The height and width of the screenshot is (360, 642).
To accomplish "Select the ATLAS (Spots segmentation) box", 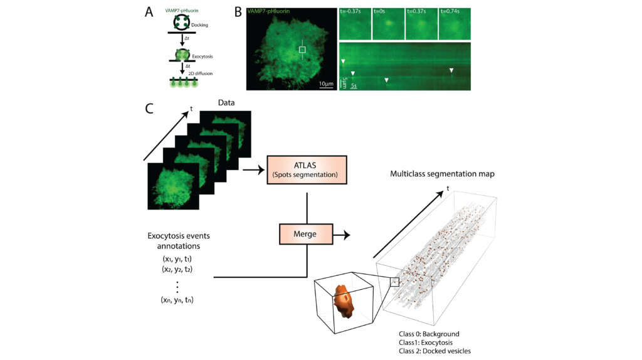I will [307, 171].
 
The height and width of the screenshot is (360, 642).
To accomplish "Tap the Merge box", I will [307, 233].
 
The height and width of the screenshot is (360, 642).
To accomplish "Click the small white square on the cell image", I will [302, 50].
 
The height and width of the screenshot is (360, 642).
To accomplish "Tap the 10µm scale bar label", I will [325, 83].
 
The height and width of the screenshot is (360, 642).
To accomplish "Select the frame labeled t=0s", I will [387, 23].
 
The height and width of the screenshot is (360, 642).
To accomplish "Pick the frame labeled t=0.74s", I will [455, 23].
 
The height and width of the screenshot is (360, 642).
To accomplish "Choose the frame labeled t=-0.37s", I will [354, 23].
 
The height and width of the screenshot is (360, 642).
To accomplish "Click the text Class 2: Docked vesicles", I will [434, 351].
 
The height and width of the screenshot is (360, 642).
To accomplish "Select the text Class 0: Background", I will [429, 333].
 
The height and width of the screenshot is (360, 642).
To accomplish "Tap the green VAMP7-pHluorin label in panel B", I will [273, 13].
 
